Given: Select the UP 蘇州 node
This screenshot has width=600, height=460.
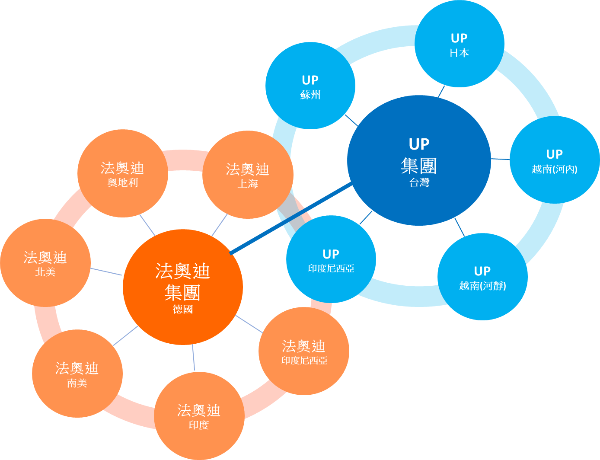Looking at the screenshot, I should click(x=310, y=86).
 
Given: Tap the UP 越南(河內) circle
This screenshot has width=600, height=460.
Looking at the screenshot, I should click(x=555, y=160).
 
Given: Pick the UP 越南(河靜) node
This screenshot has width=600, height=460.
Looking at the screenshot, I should click(x=482, y=277).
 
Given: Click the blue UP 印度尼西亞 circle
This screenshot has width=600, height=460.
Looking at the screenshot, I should click(x=331, y=259).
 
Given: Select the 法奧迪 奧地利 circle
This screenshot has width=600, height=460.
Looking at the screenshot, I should click(x=122, y=173).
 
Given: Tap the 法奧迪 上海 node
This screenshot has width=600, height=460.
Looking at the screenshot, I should click(x=248, y=175).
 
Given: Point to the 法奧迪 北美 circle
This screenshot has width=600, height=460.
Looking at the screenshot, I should click(x=45, y=263).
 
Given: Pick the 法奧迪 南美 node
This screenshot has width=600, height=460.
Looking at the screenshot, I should click(x=77, y=374).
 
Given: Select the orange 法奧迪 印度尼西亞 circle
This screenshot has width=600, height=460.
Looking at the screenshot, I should click(x=304, y=351).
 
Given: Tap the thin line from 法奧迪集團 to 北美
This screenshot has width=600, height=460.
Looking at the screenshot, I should click(x=106, y=272).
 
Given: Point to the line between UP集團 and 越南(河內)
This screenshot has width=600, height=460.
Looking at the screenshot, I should click(x=501, y=159).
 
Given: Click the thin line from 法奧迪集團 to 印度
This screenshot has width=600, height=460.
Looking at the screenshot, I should click(x=193, y=358).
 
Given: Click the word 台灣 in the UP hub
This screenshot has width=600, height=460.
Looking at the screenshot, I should click(x=419, y=182).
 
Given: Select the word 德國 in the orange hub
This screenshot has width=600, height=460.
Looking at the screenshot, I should click(x=182, y=309).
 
